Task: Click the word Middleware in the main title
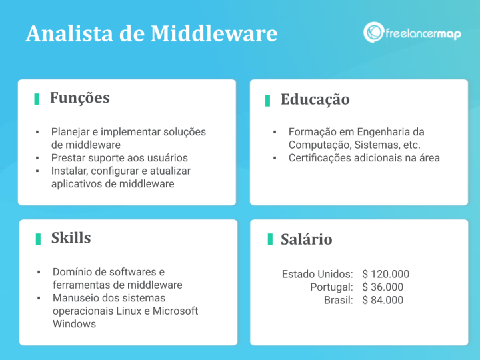pyautogui.click(x=214, y=33)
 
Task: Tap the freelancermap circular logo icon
pyautogui.click(x=373, y=32)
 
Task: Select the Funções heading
pyautogui.click(x=79, y=98)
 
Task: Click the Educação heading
pyautogui.click(x=315, y=100)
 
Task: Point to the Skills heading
pyautogui.click(x=71, y=238)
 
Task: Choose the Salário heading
pyautogui.click(x=307, y=239)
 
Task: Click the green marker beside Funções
pyautogui.click(x=37, y=99)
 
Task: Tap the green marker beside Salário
pyautogui.click(x=270, y=239)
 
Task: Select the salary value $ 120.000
pyautogui.click(x=386, y=274)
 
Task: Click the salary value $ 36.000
pyautogui.click(x=383, y=287)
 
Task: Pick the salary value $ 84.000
pyautogui.click(x=383, y=300)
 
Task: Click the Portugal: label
pyautogui.click(x=331, y=287)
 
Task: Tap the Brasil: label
pyautogui.click(x=339, y=300)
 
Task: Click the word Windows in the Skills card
pyautogui.click(x=75, y=324)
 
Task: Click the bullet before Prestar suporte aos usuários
pyautogui.click(x=37, y=158)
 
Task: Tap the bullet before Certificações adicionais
pyautogui.click(x=275, y=158)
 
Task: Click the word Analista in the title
pyautogui.click(x=69, y=33)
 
